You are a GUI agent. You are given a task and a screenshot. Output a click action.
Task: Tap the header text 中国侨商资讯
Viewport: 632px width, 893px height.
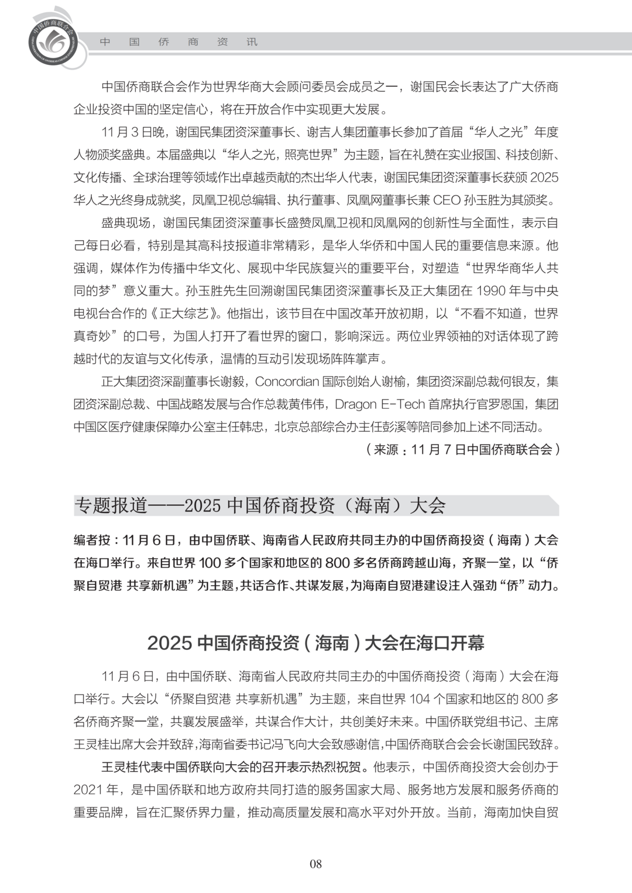[178, 42]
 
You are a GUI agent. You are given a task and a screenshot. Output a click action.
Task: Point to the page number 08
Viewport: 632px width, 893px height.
[316, 864]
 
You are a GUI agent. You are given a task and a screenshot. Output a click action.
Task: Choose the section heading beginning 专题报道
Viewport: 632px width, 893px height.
[260, 505]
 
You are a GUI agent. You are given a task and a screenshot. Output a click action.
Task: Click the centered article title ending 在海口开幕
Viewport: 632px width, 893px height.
[316, 643]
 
